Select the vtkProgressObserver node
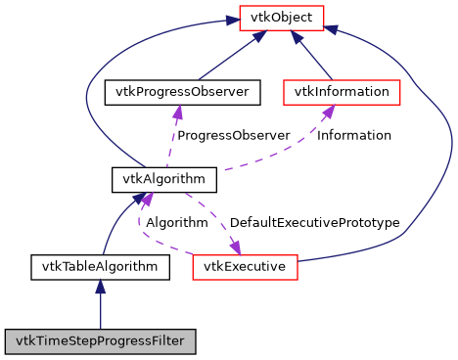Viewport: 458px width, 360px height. coord(182,93)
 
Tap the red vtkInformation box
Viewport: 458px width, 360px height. coord(342,93)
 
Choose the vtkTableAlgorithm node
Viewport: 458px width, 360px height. coord(100,265)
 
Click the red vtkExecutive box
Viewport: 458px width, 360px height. coord(245,265)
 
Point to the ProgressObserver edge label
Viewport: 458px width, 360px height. coord(234,135)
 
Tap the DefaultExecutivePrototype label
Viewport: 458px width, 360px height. coord(315,222)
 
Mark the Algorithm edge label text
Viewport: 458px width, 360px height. coord(177,222)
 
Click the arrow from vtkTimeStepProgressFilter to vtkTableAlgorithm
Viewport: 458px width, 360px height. coord(100,308)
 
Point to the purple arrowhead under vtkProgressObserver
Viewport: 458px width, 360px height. coord(177,113)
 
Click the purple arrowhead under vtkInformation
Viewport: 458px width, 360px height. coord(330,113)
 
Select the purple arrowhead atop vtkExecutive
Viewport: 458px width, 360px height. coord(235,245)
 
